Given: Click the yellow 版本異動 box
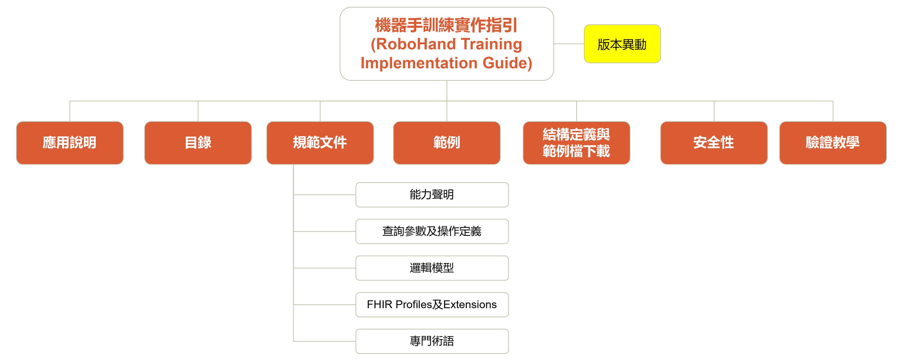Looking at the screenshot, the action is [622, 44].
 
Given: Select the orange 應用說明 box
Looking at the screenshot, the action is [70, 143].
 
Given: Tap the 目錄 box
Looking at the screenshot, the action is [198, 143].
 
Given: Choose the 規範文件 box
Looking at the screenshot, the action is [320, 143].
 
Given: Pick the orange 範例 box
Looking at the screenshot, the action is [446, 143].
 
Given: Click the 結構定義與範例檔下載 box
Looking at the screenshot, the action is [576, 143].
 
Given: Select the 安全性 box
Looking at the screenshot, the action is [714, 143].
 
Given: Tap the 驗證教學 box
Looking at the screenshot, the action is [833, 143].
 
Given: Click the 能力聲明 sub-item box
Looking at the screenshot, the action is [432, 195].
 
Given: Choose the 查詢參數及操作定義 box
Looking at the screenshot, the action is [432, 231].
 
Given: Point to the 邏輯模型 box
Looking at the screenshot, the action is [432, 268].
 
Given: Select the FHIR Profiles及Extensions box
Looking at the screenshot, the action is [432, 305].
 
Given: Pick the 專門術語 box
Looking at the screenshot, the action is [432, 341].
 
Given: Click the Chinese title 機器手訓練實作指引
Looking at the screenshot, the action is [446, 25].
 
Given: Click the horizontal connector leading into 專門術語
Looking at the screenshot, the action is [324, 341].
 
